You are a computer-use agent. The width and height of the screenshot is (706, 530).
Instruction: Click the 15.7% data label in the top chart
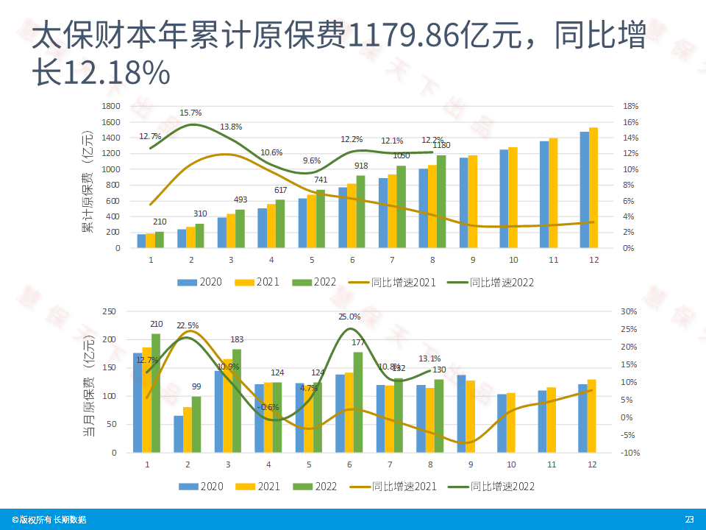(190, 113)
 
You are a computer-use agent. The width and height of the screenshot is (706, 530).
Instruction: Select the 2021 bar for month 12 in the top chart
(593, 188)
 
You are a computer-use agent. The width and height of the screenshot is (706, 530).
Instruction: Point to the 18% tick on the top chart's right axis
(630, 106)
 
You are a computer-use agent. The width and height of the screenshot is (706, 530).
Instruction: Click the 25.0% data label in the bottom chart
(349, 317)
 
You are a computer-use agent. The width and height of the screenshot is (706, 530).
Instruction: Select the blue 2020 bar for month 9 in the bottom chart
(461, 414)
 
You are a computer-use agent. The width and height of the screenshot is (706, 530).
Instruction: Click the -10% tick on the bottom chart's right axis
(629, 453)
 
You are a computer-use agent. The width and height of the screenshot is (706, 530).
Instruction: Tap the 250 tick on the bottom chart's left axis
(109, 311)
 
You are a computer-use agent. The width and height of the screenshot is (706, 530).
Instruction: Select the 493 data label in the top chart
(239, 199)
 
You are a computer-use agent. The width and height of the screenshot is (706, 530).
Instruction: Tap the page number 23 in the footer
(689, 520)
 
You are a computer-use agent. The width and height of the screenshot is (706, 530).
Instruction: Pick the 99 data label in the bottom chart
(196, 387)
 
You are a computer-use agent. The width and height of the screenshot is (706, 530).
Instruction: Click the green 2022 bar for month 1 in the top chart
(160, 240)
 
